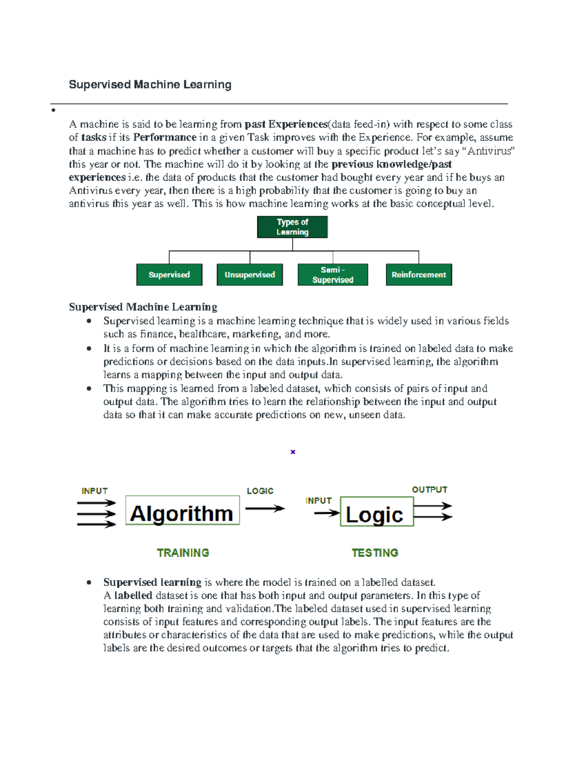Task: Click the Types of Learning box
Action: click(292, 227)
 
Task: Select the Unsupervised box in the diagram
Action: click(250, 275)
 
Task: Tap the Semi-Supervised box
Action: click(333, 275)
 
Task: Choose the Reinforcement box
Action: click(419, 275)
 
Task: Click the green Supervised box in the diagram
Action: click(169, 275)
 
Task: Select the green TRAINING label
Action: click(183, 553)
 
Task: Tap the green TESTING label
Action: click(375, 553)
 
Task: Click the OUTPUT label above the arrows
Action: click(429, 490)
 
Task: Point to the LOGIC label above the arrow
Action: click(260, 491)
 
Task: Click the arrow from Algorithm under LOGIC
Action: click(264, 508)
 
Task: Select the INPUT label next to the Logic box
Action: click(318, 500)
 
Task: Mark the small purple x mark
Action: click(293, 452)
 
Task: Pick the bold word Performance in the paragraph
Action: click(165, 137)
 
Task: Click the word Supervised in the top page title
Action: click(100, 85)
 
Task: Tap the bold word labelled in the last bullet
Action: click(133, 595)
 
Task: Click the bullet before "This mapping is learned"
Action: click(89, 389)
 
